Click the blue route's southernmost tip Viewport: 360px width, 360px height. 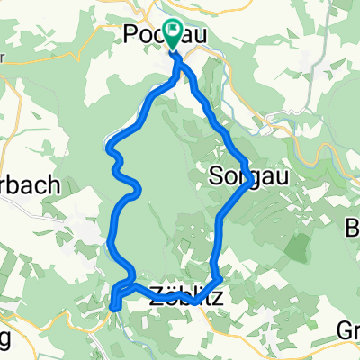coord(114,309)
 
